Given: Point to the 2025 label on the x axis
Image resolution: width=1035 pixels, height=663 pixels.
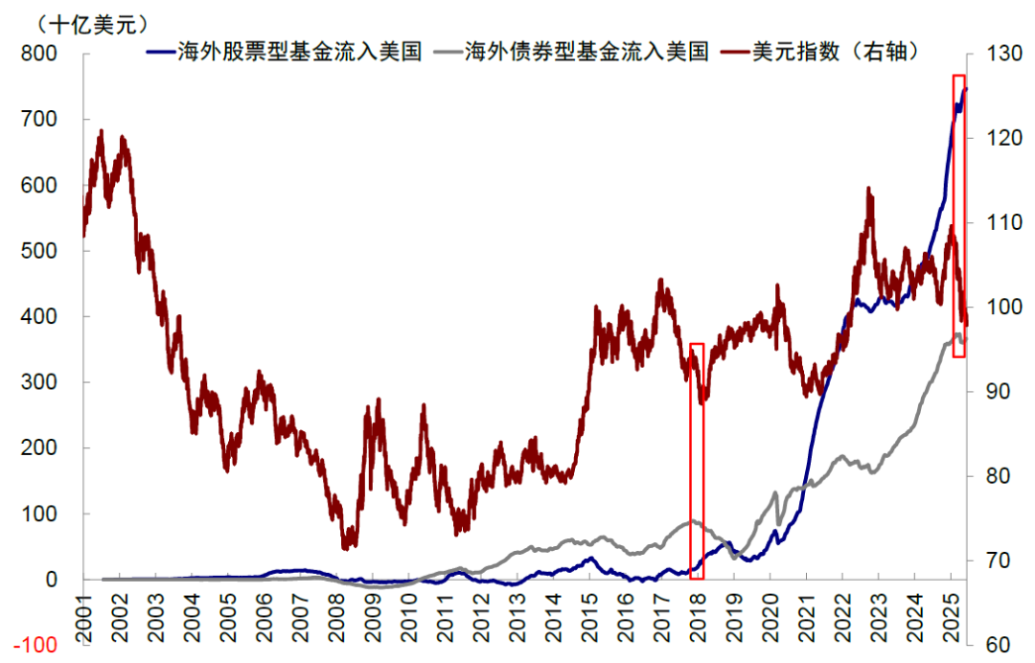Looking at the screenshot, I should [952, 610].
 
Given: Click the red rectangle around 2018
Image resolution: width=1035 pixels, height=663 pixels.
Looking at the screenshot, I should [697, 461].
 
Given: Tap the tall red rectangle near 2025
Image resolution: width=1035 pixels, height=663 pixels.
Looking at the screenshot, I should [958, 216].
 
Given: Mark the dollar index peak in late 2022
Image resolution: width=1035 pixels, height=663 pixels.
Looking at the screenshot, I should [868, 190].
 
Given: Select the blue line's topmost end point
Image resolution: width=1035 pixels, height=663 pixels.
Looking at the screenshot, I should [966, 88].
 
